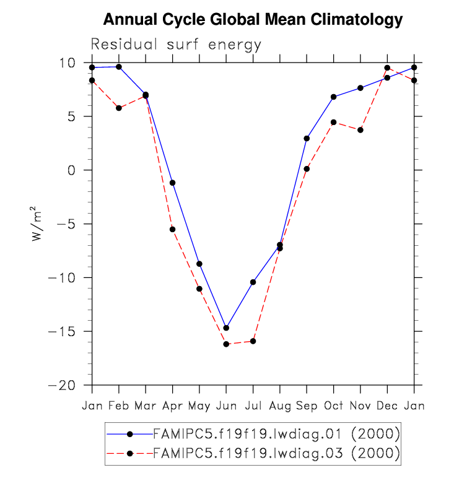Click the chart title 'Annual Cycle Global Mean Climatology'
point(253,20)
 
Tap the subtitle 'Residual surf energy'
point(177,45)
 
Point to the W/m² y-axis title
point(38,224)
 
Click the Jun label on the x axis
point(226,406)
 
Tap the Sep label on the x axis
point(307,406)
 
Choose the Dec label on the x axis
point(387,406)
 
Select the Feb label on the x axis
point(119,406)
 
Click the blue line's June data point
point(226,328)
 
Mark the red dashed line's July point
point(253,341)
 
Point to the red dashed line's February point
point(119,108)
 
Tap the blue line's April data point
point(172,183)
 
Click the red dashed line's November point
point(360,130)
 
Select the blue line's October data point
point(333,97)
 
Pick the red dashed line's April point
point(172,229)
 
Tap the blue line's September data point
point(307,138)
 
